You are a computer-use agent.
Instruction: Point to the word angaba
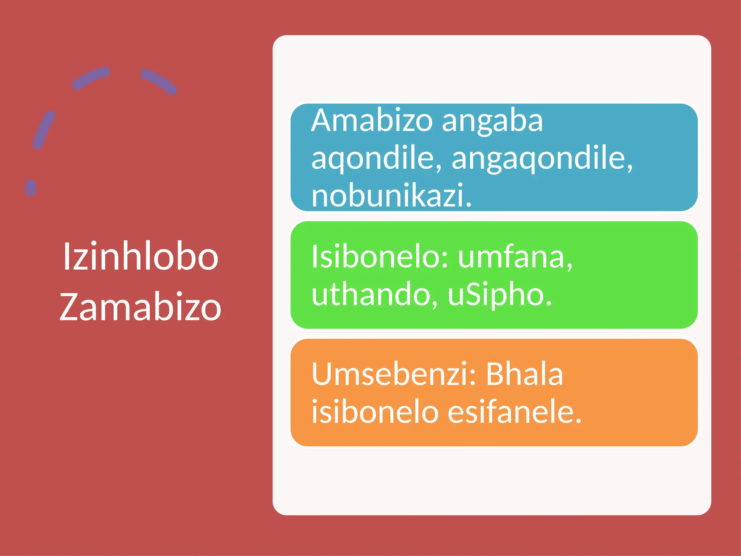pos(492,122)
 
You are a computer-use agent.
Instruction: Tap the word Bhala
pos(524,374)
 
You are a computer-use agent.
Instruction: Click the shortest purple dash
pos(31,188)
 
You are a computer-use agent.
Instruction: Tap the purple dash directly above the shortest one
pos(44,130)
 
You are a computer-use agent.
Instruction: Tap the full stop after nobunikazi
pos(469,204)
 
